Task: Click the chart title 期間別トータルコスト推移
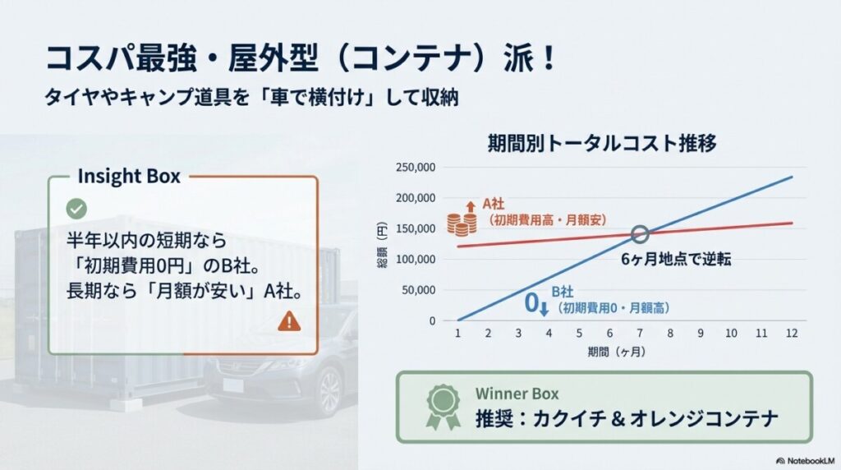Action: point(602,143)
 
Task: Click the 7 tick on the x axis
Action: point(641,334)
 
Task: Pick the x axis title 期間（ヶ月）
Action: point(616,352)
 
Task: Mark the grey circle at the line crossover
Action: point(641,234)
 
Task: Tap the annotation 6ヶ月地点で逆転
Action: point(677,259)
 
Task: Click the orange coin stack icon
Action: point(462,223)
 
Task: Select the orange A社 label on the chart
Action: point(494,203)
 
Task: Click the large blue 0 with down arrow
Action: point(535,304)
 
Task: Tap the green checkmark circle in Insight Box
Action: point(76,209)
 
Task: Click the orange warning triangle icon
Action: point(289,321)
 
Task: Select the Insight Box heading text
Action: point(128,176)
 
